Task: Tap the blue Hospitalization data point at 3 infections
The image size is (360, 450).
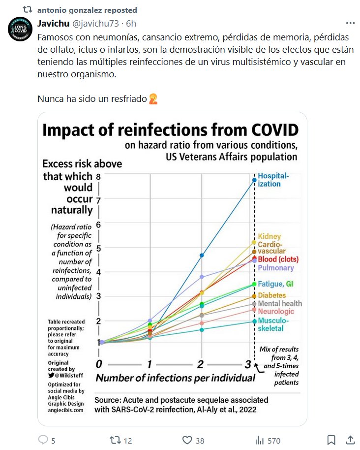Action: pos(254,180)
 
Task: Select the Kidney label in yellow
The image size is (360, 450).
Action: pos(269,236)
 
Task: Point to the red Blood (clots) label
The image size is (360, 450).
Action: pos(278,259)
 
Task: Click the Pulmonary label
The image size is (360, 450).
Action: pos(275,268)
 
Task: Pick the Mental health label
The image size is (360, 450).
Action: pos(279,303)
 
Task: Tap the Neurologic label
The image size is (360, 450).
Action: pos(276,312)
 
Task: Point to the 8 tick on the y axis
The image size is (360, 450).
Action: pos(98,177)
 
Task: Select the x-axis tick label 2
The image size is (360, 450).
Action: pos(200,364)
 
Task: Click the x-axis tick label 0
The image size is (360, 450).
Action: pos(99,364)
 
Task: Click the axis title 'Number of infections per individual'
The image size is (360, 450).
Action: pos(175,378)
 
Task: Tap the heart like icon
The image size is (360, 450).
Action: pos(187,440)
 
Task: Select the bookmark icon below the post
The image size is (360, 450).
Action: pos(331,440)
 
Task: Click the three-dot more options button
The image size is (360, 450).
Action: pos(350,23)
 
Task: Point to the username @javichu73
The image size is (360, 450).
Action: pos(97,23)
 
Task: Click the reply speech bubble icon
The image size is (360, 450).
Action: pos(43,440)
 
